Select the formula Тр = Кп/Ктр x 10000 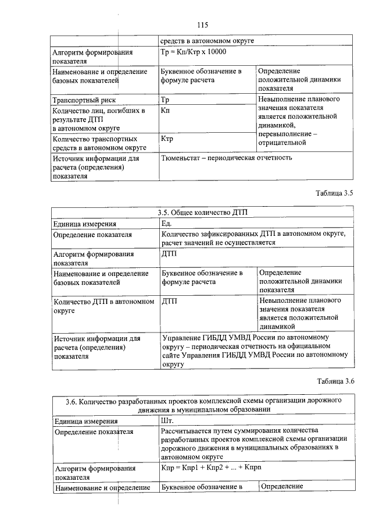click(193, 52)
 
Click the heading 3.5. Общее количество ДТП click(202, 213)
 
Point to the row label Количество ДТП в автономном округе click(103, 306)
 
